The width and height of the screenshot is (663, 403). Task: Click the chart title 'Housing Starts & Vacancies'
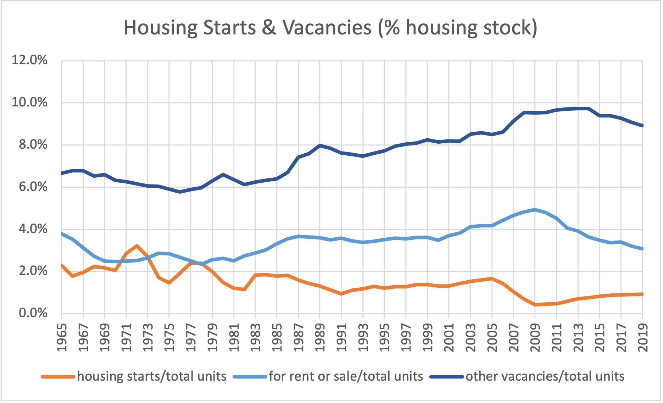[x=330, y=28]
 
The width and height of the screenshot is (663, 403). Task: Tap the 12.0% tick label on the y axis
[x=29, y=60]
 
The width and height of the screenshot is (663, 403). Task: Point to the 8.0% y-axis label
[x=33, y=144]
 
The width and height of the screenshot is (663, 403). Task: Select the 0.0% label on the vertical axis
[x=33, y=313]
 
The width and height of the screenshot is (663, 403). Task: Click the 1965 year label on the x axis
[x=62, y=337]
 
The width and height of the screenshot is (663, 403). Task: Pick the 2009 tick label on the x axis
[x=535, y=337]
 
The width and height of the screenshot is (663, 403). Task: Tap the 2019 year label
[x=643, y=337]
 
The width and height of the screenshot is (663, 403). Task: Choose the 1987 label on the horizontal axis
[x=299, y=337]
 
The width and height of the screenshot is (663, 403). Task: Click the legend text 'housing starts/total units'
[x=152, y=376]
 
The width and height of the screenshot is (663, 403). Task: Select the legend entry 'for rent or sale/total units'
[x=346, y=376]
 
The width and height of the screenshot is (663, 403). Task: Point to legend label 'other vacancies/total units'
[x=545, y=376]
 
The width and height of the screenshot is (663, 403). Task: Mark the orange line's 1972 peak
[x=137, y=245]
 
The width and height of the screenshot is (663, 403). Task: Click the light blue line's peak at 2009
[x=535, y=210]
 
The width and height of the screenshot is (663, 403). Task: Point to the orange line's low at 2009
[x=535, y=305]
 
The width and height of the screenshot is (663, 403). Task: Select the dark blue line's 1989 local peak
[x=320, y=145]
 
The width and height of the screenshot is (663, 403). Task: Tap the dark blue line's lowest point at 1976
[x=180, y=192]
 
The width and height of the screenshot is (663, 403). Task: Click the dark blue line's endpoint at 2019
[x=642, y=126]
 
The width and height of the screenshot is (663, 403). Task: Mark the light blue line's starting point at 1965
[x=62, y=234]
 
